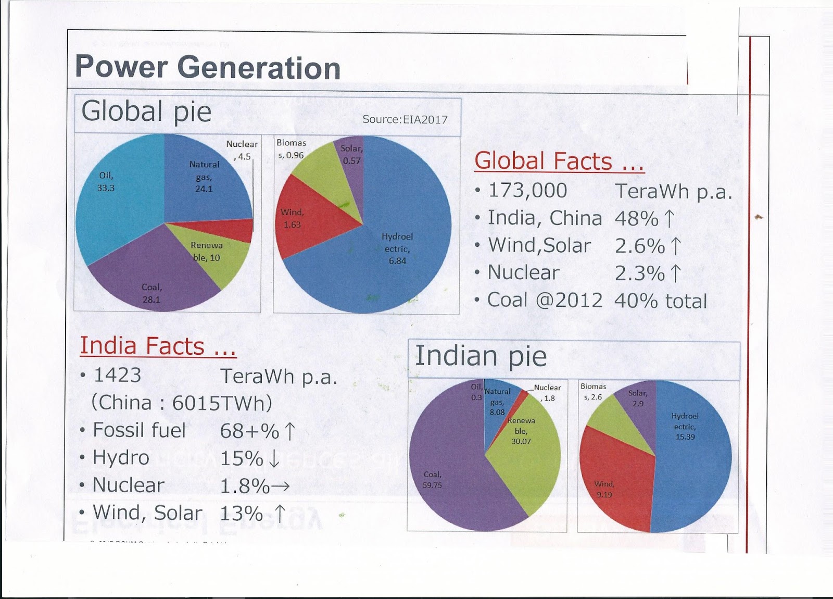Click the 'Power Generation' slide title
[208, 68]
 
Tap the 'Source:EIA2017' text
[405, 119]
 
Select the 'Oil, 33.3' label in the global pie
[106, 182]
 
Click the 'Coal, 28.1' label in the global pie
[152, 293]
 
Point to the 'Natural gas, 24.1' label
[204, 177]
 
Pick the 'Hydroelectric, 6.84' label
[397, 248]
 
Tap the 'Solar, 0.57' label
[351, 155]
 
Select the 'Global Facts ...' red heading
[559, 161]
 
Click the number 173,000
[528, 191]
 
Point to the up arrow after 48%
[670, 218]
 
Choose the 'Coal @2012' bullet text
[545, 301]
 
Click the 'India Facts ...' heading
[158, 346]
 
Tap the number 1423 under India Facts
[118, 375]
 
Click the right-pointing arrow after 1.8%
[280, 486]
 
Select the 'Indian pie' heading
[481, 357]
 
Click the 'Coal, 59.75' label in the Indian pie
[432, 480]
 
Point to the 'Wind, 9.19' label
[604, 489]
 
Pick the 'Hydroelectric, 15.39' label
[685, 426]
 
